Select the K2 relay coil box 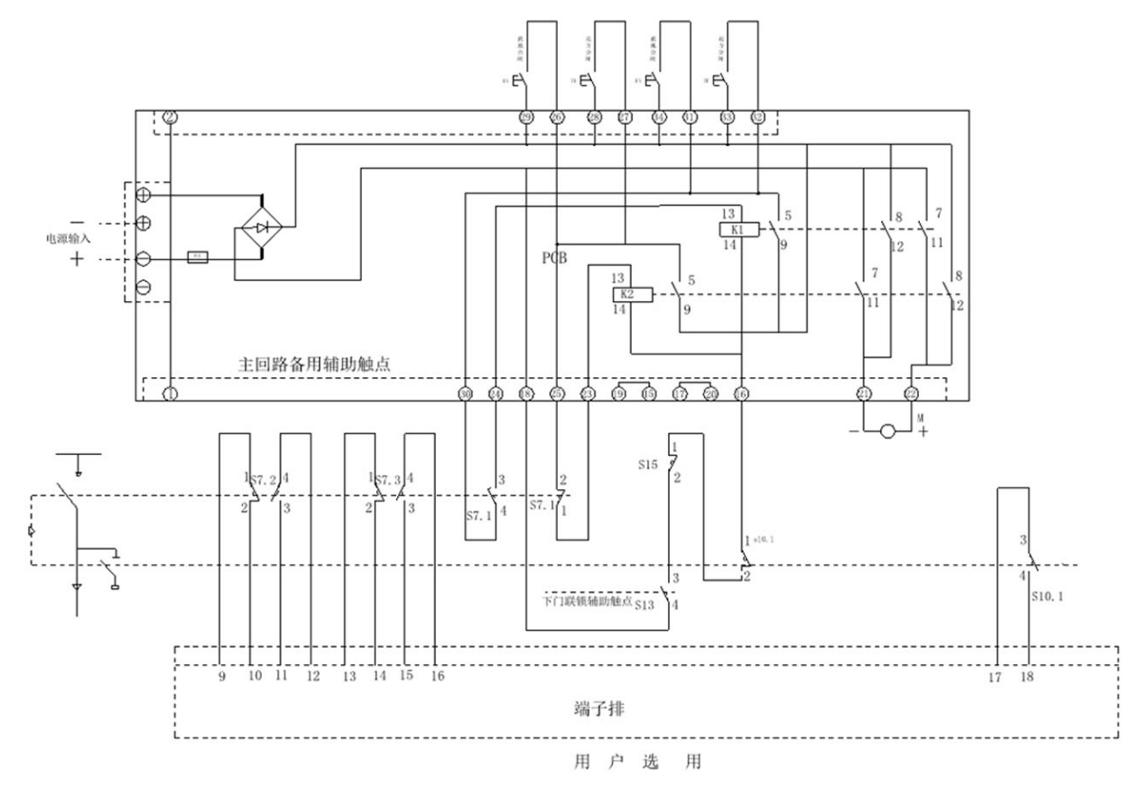625,294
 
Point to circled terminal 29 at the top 527,117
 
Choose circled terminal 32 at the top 758,117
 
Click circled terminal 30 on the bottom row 466,394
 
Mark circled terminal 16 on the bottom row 741,394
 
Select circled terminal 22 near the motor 912,394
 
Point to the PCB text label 553,258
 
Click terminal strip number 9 221,675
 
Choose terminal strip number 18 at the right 1031,675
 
